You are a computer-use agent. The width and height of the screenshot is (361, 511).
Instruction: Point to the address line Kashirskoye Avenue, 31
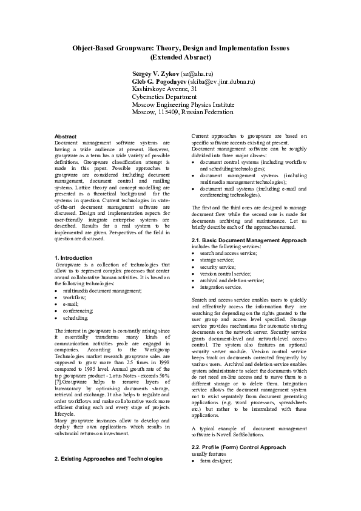(164, 89)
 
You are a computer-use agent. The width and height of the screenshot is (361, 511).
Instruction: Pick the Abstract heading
(66, 137)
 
